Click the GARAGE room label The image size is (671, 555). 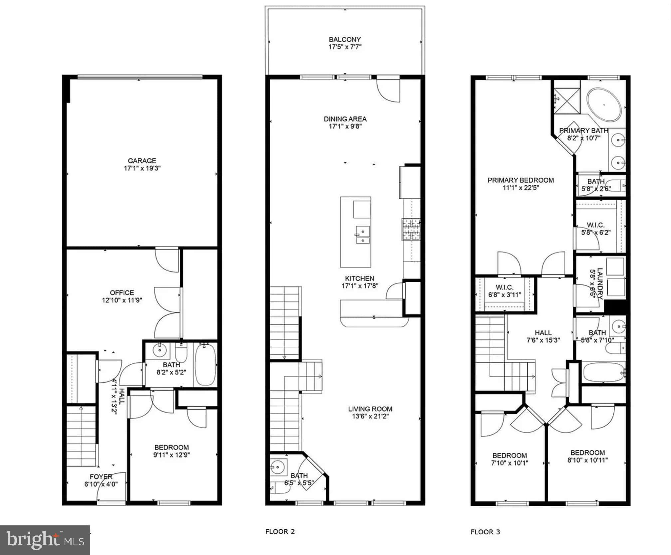pyautogui.click(x=142, y=161)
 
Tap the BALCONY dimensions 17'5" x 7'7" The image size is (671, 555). pyautogui.click(x=345, y=47)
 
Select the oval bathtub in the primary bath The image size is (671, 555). pyautogui.click(x=604, y=104)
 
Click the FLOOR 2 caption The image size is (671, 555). pyautogui.click(x=280, y=531)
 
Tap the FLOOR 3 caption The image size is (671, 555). pyautogui.click(x=485, y=532)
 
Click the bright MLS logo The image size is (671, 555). pyautogui.click(x=45, y=540)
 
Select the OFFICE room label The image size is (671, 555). pyautogui.click(x=122, y=293)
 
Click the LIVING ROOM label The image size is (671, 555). pyautogui.click(x=370, y=409)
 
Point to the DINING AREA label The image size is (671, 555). pyautogui.click(x=345, y=119)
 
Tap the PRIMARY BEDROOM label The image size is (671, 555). pyautogui.click(x=521, y=180)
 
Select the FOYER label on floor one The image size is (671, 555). pyautogui.click(x=101, y=477)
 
